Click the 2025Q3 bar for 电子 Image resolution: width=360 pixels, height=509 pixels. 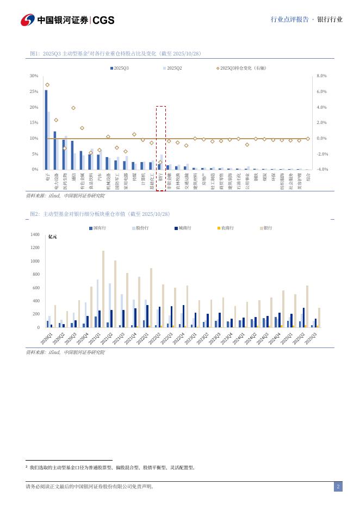coord(46,130)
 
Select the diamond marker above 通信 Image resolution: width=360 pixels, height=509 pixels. coord(73,108)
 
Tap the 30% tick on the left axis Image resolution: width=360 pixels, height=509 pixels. coord(34,76)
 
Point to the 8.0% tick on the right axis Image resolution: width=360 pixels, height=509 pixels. coord(321,76)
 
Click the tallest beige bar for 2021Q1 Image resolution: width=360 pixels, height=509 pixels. coord(103,289)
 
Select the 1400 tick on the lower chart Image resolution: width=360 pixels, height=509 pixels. coord(35,234)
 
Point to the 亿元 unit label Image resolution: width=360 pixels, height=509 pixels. coord(53,237)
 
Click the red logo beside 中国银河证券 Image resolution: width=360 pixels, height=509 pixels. coord(28,20)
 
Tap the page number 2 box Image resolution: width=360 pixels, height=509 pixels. coord(338,487)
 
